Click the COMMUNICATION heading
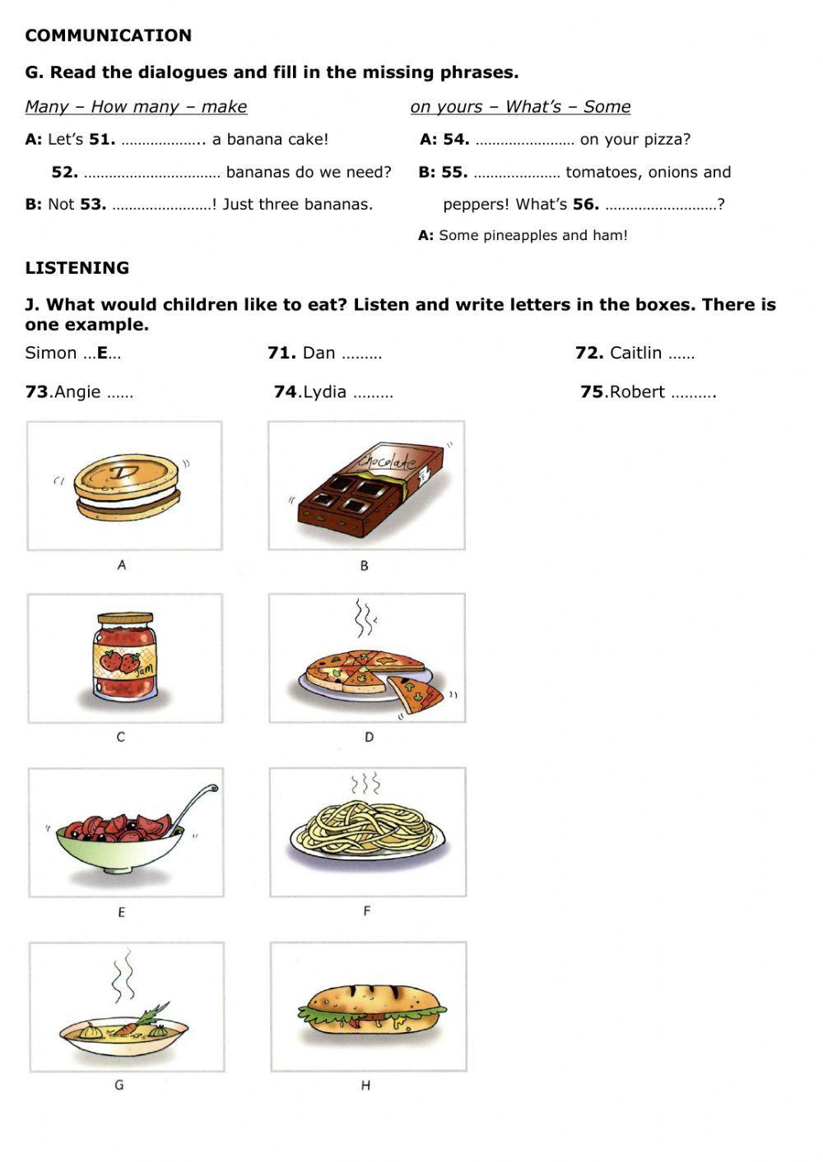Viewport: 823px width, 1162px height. (x=108, y=35)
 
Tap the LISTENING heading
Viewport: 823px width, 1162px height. (x=77, y=267)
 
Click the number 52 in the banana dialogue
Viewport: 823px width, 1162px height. (x=64, y=172)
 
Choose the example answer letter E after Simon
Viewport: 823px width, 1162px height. (x=102, y=353)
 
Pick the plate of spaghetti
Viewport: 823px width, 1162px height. (x=368, y=829)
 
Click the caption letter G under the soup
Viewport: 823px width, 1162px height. (x=119, y=1085)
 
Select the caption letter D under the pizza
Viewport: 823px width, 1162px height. (x=369, y=737)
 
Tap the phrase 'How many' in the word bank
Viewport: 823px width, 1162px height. (x=142, y=106)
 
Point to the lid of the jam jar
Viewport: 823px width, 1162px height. (x=125, y=618)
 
